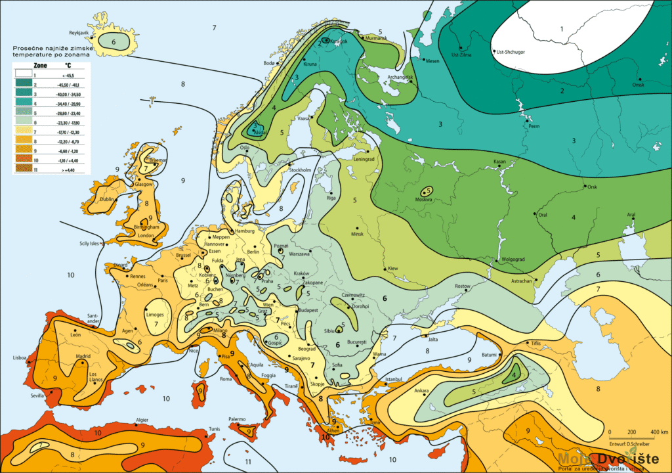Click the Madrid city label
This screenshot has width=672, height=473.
click(x=83, y=357)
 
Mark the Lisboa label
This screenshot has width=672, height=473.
click(x=19, y=358)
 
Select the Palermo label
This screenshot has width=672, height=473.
click(x=236, y=419)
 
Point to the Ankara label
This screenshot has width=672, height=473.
click(x=421, y=392)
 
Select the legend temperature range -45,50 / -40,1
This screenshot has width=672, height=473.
click(x=68, y=85)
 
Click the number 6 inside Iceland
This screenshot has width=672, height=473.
click(x=114, y=41)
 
